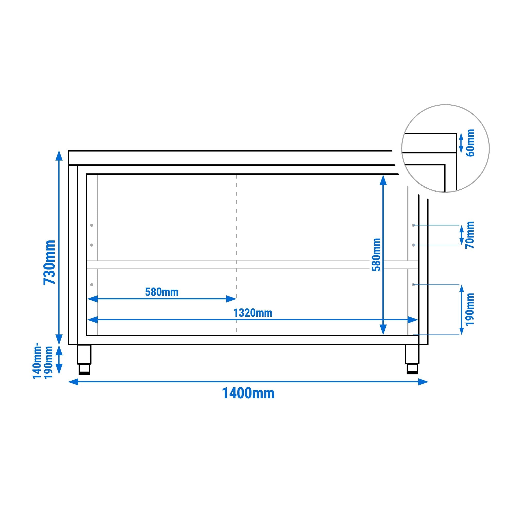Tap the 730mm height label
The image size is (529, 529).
49,262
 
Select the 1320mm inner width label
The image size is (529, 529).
253,313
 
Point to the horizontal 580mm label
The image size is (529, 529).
162,292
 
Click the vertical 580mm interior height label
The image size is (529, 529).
376,255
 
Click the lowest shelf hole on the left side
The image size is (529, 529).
92,285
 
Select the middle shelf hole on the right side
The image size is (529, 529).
414,245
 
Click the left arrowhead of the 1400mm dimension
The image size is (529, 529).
73,382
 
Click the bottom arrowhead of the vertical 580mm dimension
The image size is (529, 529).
383,330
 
